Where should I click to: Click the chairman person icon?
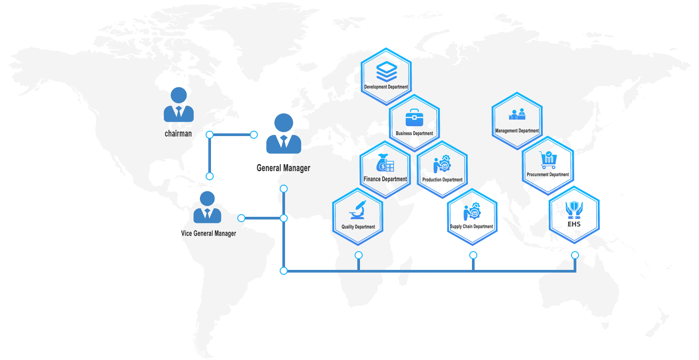tap(178, 104)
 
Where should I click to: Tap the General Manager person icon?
tap(284, 133)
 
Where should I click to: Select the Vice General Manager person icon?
tap(207, 207)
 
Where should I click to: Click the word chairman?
tap(178, 133)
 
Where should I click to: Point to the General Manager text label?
tap(283, 168)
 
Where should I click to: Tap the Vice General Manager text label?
tap(208, 233)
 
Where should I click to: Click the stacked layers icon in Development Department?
tap(386, 71)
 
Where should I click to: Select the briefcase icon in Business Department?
tap(414, 117)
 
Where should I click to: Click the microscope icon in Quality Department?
tap(358, 210)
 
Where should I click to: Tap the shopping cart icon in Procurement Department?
tap(548, 160)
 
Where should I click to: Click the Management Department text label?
tap(517, 131)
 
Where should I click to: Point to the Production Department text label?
tap(443, 180)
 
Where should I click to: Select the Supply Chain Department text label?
tap(472, 227)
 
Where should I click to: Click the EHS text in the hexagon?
tap(574, 224)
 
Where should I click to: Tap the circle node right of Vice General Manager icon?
tap(241, 218)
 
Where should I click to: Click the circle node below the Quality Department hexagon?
tap(359, 255)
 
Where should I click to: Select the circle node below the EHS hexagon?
tap(575, 255)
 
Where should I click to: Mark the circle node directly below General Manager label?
tap(284, 189)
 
